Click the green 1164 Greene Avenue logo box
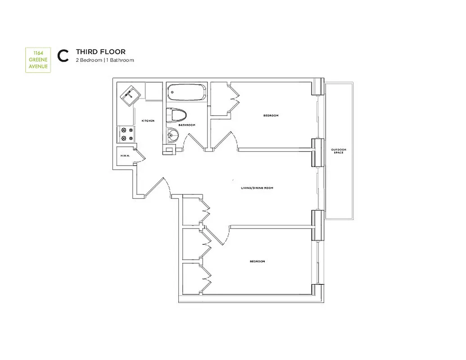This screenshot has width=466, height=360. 37,60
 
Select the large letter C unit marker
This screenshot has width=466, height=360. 63,55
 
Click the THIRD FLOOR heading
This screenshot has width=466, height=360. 100,52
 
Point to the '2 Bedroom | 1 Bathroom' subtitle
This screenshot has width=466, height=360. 104,60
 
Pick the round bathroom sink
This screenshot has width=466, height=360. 172,134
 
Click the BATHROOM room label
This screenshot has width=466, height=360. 186,125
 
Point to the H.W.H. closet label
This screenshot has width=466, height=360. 125,156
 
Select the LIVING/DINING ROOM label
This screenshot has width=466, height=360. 257,188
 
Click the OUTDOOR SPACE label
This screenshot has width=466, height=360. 339,151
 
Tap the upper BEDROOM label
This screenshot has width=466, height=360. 271,116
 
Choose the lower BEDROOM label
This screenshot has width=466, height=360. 257,261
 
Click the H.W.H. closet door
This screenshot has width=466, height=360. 140,154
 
